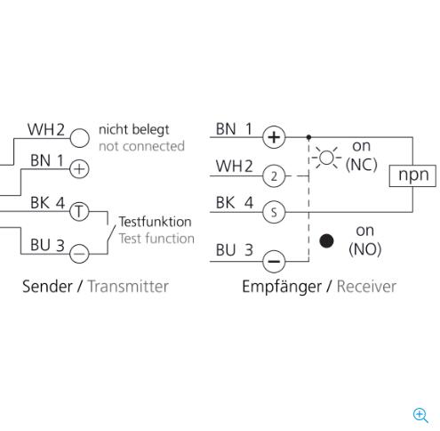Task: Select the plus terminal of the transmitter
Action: click(x=79, y=169)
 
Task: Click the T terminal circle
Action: click(x=79, y=211)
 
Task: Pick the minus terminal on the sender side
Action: click(x=79, y=254)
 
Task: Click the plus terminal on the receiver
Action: click(x=274, y=137)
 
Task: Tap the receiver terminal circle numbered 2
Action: click(x=274, y=176)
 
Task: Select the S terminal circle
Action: click(x=274, y=212)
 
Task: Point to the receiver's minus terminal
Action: click(x=274, y=261)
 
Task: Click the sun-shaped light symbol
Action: click(x=326, y=158)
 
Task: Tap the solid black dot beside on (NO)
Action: click(x=326, y=240)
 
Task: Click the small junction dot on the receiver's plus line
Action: click(x=308, y=137)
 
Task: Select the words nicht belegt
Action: click(x=133, y=130)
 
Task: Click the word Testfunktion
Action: click(x=155, y=222)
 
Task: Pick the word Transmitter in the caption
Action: click(x=128, y=287)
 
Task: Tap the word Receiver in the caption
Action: click(x=366, y=287)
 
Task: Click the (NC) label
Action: click(x=362, y=165)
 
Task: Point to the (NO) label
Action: click(x=364, y=249)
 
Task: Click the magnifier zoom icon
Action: click(x=420, y=415)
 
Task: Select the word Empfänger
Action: click(x=282, y=287)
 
